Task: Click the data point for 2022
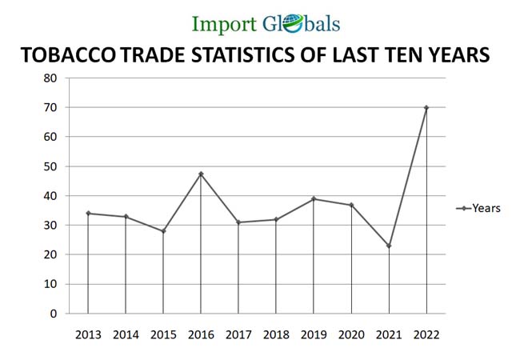point(426,107)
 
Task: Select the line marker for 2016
point(201,174)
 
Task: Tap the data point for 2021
point(389,246)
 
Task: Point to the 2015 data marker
point(163,231)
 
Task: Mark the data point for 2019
point(314,199)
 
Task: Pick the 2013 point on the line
point(88,214)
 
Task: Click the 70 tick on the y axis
point(50,107)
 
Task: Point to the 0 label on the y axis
point(54,314)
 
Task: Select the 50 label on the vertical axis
point(50,166)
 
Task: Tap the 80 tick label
point(50,78)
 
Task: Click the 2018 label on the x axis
point(276,334)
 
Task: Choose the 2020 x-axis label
point(351,334)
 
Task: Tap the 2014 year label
point(126,334)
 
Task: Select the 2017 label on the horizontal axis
point(238,334)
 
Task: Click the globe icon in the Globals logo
point(292,24)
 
